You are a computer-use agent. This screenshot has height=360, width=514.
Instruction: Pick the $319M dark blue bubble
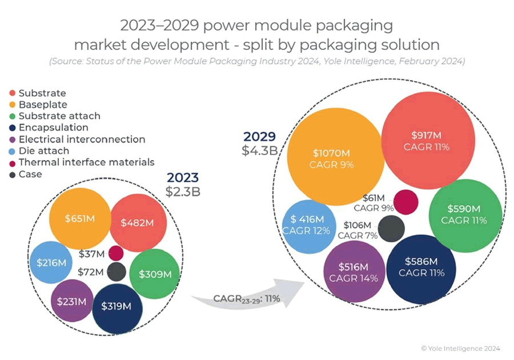pyautogui.click(x=117, y=306)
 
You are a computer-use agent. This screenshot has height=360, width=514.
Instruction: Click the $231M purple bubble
pyautogui.click(x=72, y=301)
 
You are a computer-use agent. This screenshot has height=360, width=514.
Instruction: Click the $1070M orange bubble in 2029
pyautogui.click(x=334, y=158)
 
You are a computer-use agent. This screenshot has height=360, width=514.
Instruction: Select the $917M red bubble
pyautogui.click(x=430, y=141)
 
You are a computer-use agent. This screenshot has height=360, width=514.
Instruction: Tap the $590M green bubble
pyautogui.click(x=464, y=214)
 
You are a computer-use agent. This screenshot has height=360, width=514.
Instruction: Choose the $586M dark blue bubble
pyautogui.click(x=421, y=267)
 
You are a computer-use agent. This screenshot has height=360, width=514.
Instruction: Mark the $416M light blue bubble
pyautogui.click(x=306, y=225)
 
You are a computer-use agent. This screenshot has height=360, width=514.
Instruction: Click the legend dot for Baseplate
pyautogui.click(x=12, y=105)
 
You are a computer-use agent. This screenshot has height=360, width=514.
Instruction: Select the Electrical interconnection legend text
pyautogui.click(x=82, y=139)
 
